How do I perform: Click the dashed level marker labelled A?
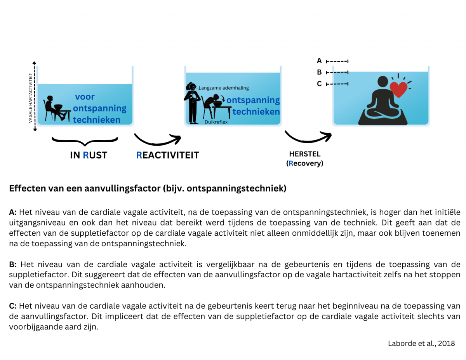(x=337, y=61)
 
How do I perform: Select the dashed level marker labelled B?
(x=337, y=72)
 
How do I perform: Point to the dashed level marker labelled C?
(x=337, y=84)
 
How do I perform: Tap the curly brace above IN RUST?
(x=85, y=140)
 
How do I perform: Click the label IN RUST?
(x=89, y=155)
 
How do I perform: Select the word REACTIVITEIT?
(x=167, y=155)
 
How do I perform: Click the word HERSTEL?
(x=305, y=154)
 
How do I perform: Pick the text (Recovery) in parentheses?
(x=305, y=163)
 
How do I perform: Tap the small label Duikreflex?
(x=216, y=122)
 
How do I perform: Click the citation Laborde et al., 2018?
(x=421, y=343)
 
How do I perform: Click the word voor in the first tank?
(x=85, y=97)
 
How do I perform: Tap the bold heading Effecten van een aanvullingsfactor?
(x=148, y=189)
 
